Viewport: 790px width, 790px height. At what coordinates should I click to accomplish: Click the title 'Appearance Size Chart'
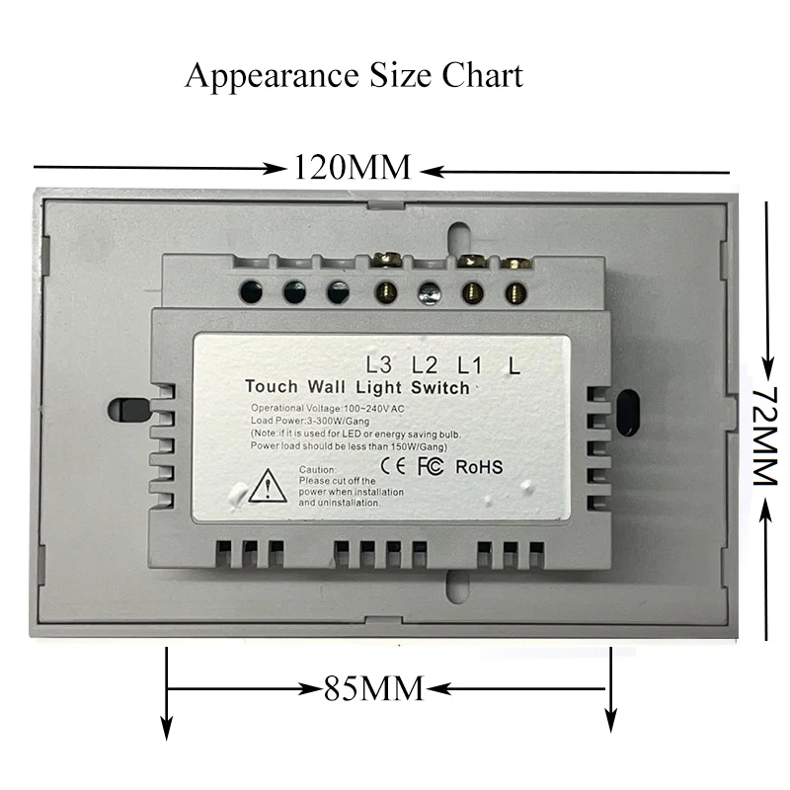pyautogui.click(x=354, y=75)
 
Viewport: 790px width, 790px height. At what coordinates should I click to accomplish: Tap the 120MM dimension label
pyautogui.click(x=352, y=167)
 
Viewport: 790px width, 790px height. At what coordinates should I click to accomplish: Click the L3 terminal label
pyautogui.click(x=378, y=364)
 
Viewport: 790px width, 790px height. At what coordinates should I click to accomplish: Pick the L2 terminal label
pyautogui.click(x=425, y=364)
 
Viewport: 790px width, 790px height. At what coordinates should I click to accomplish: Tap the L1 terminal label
pyautogui.click(x=469, y=364)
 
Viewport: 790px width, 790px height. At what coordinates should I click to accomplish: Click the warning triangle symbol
pyautogui.click(x=268, y=486)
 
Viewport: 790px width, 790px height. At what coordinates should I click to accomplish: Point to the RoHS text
pyautogui.click(x=479, y=466)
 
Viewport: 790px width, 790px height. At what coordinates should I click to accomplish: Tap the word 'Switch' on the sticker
pyautogui.click(x=440, y=387)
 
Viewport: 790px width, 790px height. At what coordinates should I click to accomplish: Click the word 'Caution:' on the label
pyautogui.click(x=319, y=469)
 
